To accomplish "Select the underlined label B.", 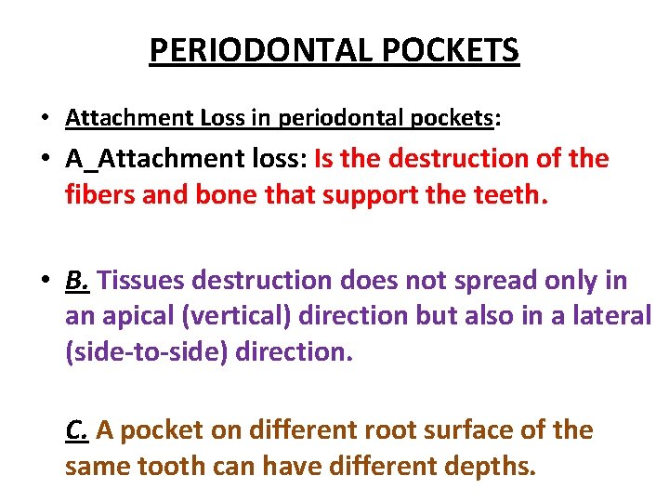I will coord(78,280).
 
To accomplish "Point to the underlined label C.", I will coord(78,430).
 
